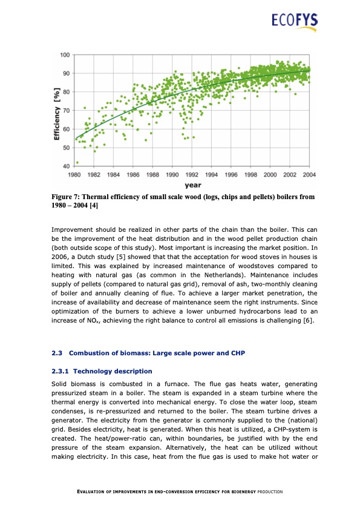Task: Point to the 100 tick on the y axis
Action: point(64,55)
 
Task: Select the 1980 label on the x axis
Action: point(74,174)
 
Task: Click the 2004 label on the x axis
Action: point(309,174)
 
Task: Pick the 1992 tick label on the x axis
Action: point(192,174)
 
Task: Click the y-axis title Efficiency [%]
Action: point(56,116)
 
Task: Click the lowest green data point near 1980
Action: point(77,162)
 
